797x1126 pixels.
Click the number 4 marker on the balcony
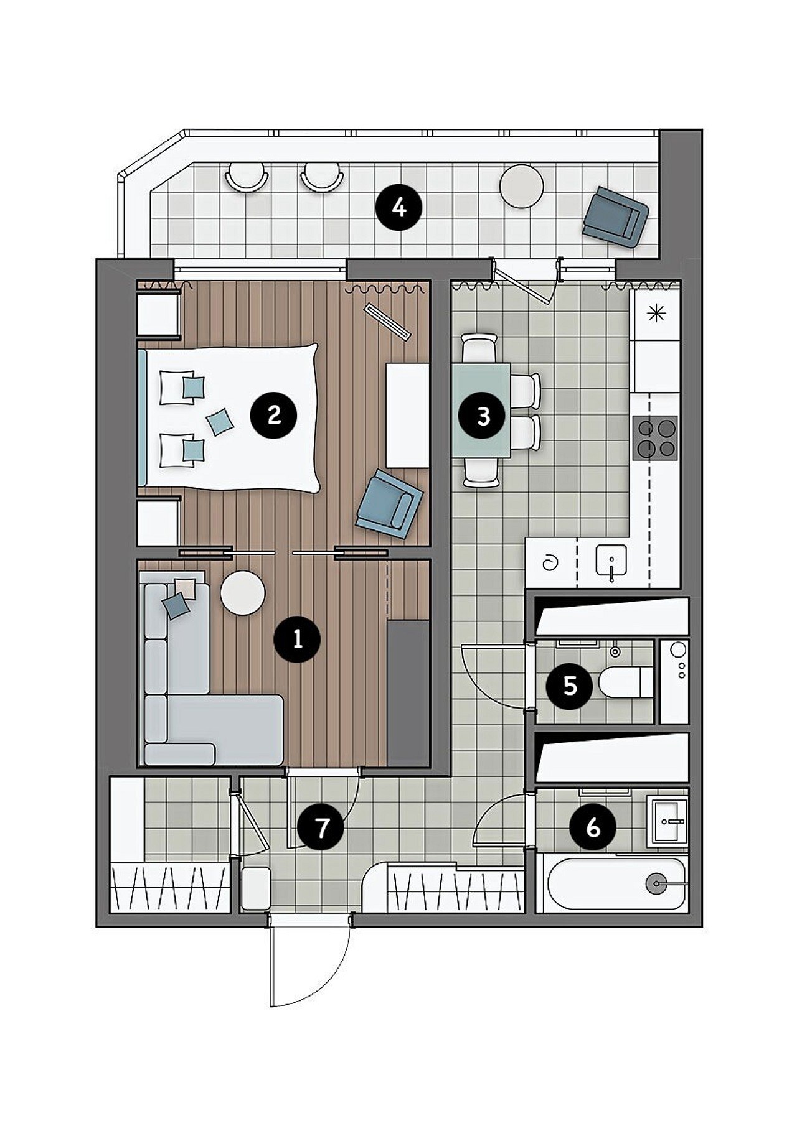click(x=399, y=207)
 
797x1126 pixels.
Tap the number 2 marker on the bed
click(x=273, y=414)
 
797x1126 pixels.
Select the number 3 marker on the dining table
click(x=483, y=416)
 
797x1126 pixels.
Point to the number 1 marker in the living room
click(x=297, y=638)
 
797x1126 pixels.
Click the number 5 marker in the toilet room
click(x=569, y=686)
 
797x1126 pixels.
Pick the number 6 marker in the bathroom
click(x=593, y=827)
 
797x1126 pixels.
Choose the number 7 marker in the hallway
click(x=321, y=828)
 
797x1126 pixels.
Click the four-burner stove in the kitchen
click(x=655, y=437)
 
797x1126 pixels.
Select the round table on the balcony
click(x=522, y=185)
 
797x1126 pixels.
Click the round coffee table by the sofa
click(x=243, y=593)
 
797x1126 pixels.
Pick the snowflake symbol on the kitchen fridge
click(x=657, y=314)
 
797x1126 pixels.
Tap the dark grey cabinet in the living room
click(x=408, y=692)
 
